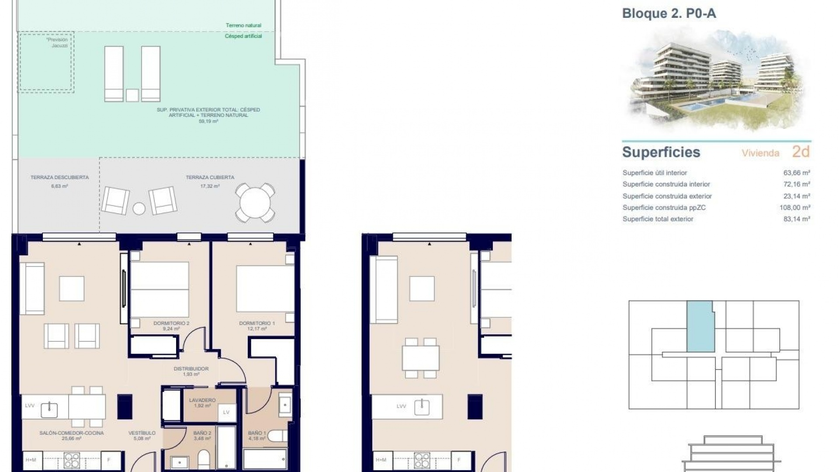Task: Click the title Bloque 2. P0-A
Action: [669, 14]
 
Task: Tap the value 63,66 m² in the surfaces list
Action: [797, 173]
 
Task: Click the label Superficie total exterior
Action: [658, 219]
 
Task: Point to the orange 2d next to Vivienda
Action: [801, 152]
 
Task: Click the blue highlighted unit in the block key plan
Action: [700, 327]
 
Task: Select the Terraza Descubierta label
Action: [59, 177]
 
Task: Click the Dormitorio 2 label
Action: [171, 323]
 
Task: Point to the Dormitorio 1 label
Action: [257, 323]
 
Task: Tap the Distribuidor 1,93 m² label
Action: [191, 369]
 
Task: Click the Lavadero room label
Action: [202, 400]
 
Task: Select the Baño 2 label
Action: [202, 433]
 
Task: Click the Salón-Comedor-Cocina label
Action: [72, 433]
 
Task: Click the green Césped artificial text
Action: [243, 36]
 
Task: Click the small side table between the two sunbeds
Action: [132, 95]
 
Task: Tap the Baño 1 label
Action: [257, 433]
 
